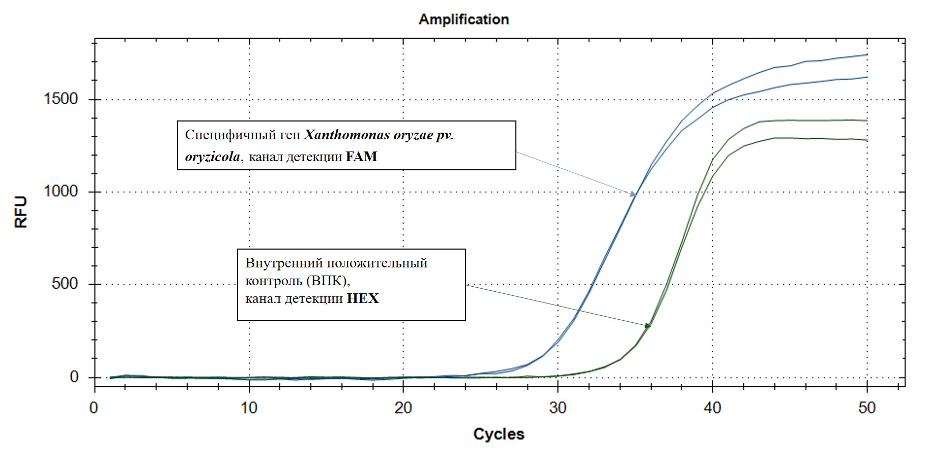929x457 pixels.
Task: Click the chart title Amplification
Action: (463, 19)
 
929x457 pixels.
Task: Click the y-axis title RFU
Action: (21, 212)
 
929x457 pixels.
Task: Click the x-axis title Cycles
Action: (499, 434)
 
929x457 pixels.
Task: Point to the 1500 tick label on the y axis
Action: (61, 99)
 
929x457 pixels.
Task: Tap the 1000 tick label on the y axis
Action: (61, 191)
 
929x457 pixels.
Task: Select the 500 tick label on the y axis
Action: (65, 284)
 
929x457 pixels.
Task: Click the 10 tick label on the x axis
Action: (249, 408)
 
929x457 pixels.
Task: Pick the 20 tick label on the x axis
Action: (403, 408)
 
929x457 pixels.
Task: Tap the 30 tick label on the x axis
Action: (558, 408)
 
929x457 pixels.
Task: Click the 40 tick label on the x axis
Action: (712, 408)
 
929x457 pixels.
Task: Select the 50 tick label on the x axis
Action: (867, 408)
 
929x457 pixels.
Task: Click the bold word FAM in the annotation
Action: (361, 157)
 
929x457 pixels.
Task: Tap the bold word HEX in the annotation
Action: (363, 298)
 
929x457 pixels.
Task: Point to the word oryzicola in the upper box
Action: (213, 157)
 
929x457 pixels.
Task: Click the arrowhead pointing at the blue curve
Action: (633, 194)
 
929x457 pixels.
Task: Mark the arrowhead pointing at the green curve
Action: (648, 325)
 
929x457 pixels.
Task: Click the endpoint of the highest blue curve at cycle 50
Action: (867, 54)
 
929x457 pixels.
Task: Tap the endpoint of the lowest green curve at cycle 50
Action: (867, 140)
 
